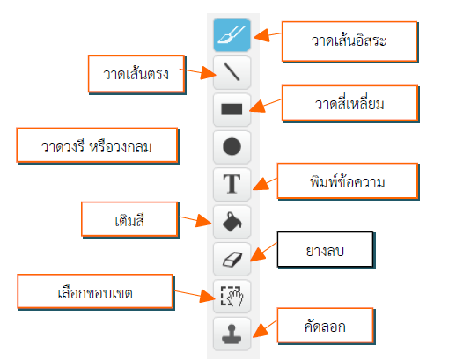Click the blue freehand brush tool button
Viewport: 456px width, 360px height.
[232, 35]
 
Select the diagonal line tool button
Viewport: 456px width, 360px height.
[232, 72]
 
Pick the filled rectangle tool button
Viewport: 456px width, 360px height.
[232, 109]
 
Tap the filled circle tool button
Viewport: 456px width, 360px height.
[232, 147]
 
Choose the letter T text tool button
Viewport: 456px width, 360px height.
[232, 184]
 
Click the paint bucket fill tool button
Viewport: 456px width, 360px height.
[232, 222]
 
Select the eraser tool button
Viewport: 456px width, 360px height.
[232, 259]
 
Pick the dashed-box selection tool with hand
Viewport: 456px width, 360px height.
[232, 297]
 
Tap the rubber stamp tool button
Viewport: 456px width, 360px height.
[232, 334]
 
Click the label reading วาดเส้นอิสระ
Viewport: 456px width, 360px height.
[349, 41]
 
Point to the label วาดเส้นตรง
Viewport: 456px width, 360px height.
[136, 74]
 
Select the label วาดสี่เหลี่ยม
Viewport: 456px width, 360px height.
[349, 104]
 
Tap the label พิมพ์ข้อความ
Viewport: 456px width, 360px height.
[348, 182]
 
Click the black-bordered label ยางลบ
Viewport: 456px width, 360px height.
[326, 250]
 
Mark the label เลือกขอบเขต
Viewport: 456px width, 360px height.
[95, 292]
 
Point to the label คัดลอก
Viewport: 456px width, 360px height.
[326, 326]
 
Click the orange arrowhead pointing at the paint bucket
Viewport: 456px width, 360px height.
[203, 220]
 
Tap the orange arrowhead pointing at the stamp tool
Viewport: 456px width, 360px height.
[261, 331]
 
